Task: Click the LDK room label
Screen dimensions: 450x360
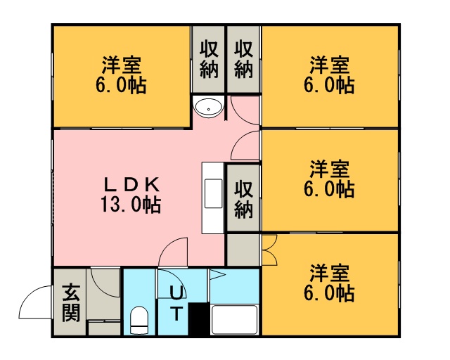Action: (x=131, y=185)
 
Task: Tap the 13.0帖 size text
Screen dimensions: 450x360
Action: (x=131, y=205)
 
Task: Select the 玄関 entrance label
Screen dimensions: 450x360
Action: (x=70, y=302)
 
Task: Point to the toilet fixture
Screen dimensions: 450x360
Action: (x=139, y=320)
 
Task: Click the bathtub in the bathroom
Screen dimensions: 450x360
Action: (x=234, y=319)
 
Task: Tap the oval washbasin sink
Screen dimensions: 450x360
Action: (x=209, y=108)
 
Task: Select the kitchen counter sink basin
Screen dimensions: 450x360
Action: (x=213, y=193)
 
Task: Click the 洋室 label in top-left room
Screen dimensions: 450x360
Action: (x=122, y=65)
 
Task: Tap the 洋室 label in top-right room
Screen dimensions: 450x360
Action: (x=330, y=65)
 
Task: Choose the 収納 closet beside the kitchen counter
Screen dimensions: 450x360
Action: (x=243, y=198)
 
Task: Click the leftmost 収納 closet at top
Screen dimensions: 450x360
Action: (x=209, y=59)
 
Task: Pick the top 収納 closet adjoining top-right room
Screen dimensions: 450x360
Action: (x=243, y=59)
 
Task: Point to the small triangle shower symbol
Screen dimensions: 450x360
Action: (x=218, y=275)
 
